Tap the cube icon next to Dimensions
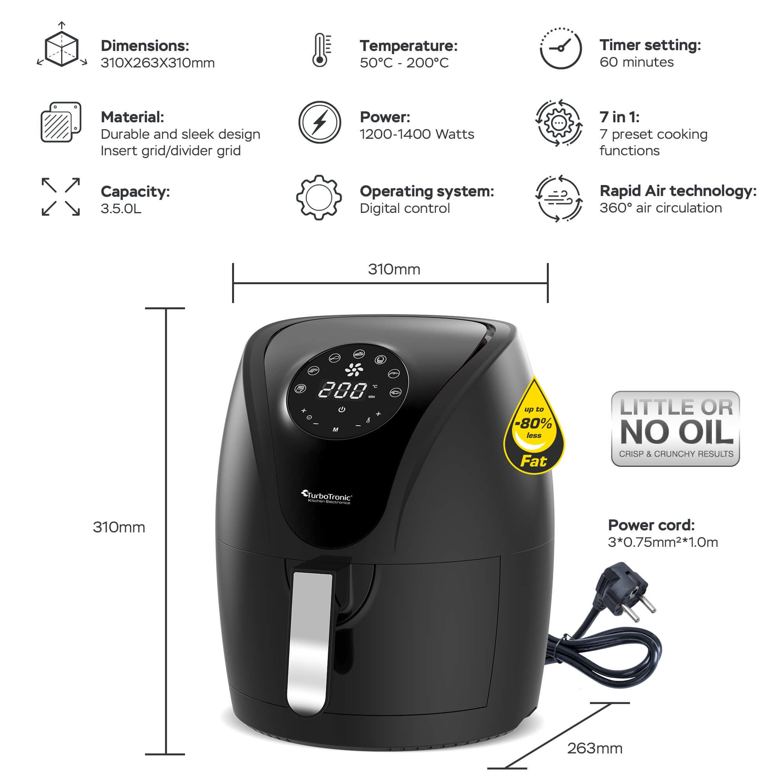(61, 49)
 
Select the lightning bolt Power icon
(320, 122)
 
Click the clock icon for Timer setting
(561, 49)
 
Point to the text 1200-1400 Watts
(417, 134)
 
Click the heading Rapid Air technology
(678, 191)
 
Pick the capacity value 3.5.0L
(121, 209)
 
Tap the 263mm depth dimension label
(595, 748)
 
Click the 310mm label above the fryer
(394, 269)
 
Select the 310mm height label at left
(119, 527)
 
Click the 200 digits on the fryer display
(343, 390)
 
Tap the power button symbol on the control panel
(342, 410)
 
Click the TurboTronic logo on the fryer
(327, 497)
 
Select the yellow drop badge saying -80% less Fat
(534, 430)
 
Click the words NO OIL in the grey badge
(676, 433)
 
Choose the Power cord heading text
(651, 525)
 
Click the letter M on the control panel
(335, 430)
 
